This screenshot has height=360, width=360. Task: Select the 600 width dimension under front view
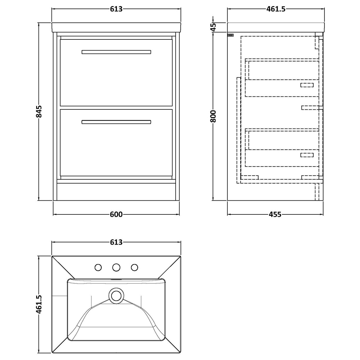(116, 214)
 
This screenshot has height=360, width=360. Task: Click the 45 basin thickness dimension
(214, 27)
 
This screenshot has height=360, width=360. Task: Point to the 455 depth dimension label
(275, 214)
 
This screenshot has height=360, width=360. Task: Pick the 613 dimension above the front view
(116, 9)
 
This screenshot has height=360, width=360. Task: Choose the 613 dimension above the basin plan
(116, 242)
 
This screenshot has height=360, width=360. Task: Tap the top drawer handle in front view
(116, 52)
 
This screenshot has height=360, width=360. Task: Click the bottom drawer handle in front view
(116, 122)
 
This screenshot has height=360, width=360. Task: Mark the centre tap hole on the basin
(116, 267)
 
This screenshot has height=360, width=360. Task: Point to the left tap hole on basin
(98, 267)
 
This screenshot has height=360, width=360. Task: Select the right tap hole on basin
(134, 267)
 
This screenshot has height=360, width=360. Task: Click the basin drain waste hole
(116, 295)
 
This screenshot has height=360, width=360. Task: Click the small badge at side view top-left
(231, 35)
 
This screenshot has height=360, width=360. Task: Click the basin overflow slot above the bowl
(116, 279)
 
